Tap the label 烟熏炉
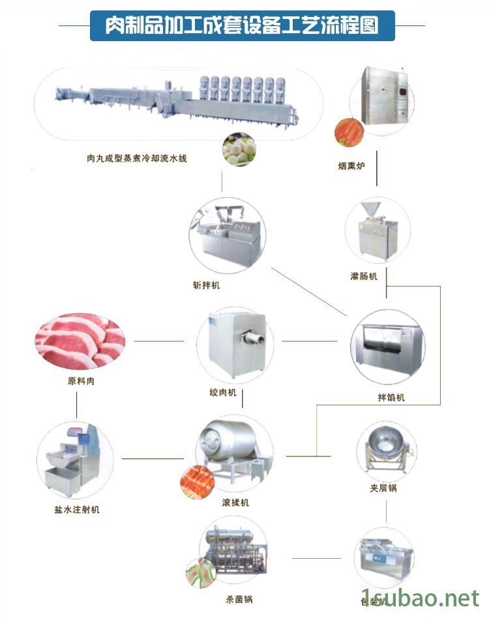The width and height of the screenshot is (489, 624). pyautogui.click(x=351, y=166)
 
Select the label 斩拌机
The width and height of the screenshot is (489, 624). pyautogui.click(x=207, y=285)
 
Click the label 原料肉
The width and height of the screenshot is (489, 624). pyautogui.click(x=81, y=381)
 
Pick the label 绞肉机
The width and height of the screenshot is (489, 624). pyautogui.click(x=223, y=393)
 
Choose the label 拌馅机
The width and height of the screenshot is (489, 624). pyautogui.click(x=391, y=397)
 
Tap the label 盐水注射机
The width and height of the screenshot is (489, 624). pyautogui.click(x=77, y=509)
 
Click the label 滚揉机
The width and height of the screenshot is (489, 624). pyautogui.click(x=235, y=503)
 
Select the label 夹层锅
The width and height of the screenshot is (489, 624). pyautogui.click(x=383, y=488)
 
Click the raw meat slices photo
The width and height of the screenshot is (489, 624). pyautogui.click(x=78, y=341)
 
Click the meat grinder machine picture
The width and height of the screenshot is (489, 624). pyautogui.click(x=235, y=343)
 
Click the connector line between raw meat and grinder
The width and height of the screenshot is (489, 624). pyautogui.click(x=159, y=341)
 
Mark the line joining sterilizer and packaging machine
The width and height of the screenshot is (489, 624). pyautogui.click(x=316, y=558)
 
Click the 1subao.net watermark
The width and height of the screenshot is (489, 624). pyautogui.click(x=420, y=597)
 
